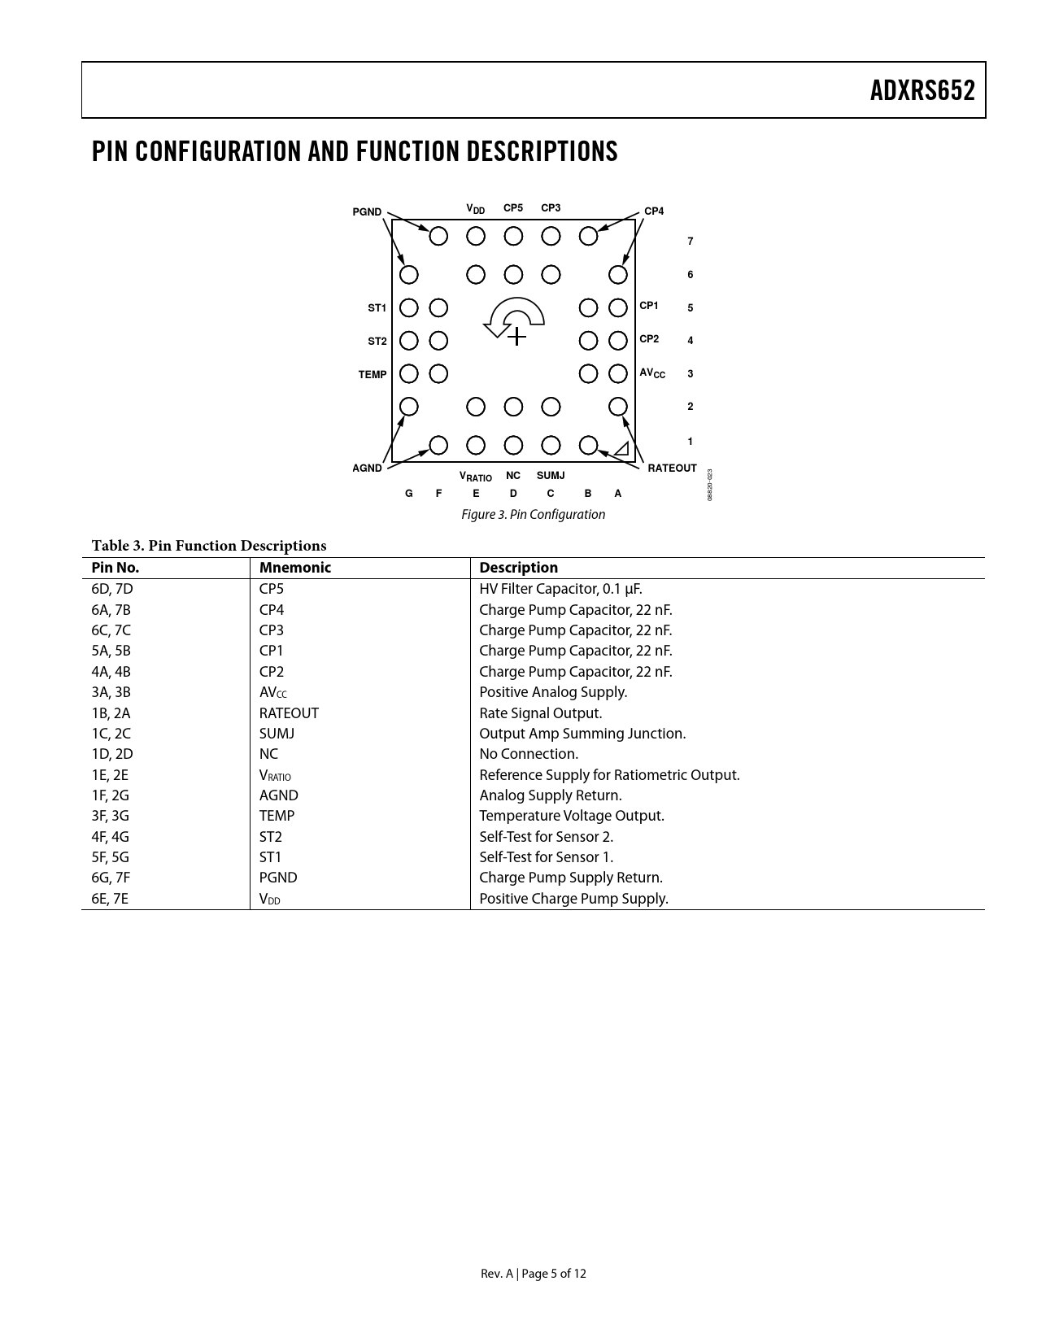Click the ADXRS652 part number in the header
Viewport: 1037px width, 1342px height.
tap(922, 90)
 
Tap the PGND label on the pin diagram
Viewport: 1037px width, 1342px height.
tap(367, 212)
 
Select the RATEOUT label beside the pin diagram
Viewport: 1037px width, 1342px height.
tap(672, 468)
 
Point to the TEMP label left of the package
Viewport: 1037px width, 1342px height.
tap(373, 375)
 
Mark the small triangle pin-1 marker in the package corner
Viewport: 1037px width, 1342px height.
tap(622, 448)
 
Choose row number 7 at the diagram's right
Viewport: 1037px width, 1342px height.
tap(691, 242)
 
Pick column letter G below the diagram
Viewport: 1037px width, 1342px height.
tap(409, 494)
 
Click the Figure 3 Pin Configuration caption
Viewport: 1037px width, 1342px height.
tap(533, 515)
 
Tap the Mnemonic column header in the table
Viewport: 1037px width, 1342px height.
tap(295, 568)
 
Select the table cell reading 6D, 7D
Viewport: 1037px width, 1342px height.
tap(112, 589)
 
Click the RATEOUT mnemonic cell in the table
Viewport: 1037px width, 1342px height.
tap(289, 713)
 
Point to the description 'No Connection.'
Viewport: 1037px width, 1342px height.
tap(529, 754)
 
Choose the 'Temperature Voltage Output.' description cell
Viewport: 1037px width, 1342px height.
tap(571, 816)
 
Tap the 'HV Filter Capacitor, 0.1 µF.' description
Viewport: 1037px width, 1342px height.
tap(560, 589)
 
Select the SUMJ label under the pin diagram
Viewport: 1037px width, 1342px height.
tap(551, 476)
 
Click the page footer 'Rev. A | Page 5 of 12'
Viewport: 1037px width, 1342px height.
tap(533, 1274)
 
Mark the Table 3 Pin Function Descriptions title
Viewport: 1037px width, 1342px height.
tap(208, 546)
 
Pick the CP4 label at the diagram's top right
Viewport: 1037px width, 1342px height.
tap(654, 211)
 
